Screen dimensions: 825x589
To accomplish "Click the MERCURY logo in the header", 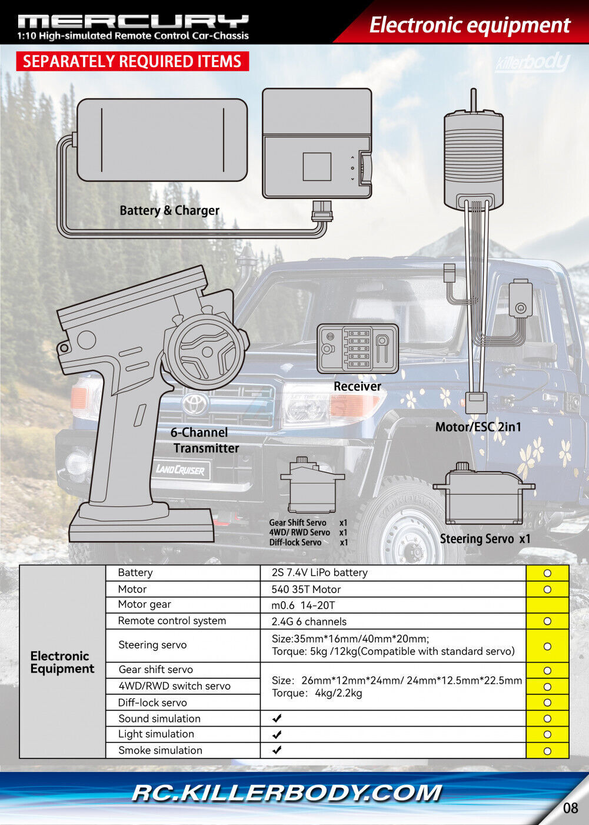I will pyautogui.click(x=133, y=22).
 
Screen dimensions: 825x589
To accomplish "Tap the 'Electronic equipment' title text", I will pyautogui.click(x=469, y=25).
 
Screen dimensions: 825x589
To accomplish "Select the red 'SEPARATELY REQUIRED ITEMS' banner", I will pyautogui.click(x=132, y=61).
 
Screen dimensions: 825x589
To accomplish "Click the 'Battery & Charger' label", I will pyautogui.click(x=169, y=210).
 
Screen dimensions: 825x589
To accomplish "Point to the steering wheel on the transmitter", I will pyautogui.click(x=205, y=351).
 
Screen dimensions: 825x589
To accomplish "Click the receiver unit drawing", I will pyautogui.click(x=357, y=349).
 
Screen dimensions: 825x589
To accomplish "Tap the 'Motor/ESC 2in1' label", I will pyautogui.click(x=478, y=427).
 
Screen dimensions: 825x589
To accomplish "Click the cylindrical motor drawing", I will pyautogui.click(x=474, y=158).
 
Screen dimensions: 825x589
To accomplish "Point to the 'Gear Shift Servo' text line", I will pyautogui.click(x=298, y=522).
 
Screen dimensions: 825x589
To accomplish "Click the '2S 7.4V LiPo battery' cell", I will pyautogui.click(x=320, y=572).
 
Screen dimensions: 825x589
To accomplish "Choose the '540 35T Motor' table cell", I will pyautogui.click(x=306, y=589).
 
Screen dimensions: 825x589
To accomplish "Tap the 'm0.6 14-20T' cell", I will pyautogui.click(x=303, y=605).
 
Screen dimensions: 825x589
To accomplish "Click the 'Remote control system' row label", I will pyautogui.click(x=172, y=621).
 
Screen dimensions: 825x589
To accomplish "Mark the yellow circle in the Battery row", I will pyautogui.click(x=547, y=573).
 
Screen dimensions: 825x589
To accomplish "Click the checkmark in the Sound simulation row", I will pyautogui.click(x=277, y=718).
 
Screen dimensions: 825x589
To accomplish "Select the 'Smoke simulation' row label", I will pyautogui.click(x=160, y=750).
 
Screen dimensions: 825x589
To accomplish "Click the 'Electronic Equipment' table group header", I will pyautogui.click(x=62, y=662).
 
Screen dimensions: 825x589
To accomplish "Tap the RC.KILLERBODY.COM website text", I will pyautogui.click(x=286, y=793).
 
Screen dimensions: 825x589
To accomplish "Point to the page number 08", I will pyautogui.click(x=570, y=807).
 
